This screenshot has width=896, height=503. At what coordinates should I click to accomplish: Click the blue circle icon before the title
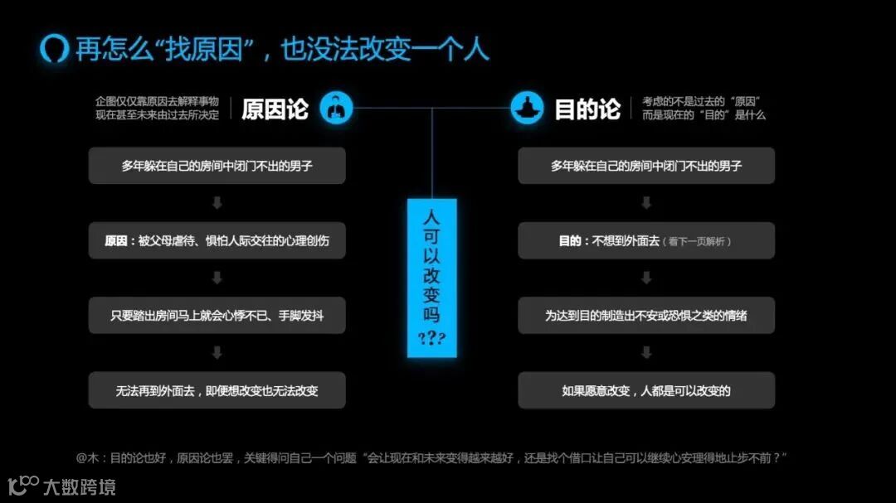(54, 48)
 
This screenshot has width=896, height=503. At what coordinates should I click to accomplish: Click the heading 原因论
(275, 109)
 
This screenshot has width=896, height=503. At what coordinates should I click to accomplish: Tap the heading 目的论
(587, 109)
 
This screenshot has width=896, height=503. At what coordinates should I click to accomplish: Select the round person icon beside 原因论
(336, 109)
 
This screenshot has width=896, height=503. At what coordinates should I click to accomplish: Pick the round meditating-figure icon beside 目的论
(527, 109)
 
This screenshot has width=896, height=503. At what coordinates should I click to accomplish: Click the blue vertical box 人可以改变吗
(431, 278)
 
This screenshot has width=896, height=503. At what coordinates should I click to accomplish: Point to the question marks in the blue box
(431, 339)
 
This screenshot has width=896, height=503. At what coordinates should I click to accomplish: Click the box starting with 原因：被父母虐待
(217, 241)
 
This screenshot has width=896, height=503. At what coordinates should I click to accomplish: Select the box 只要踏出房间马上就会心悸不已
(217, 315)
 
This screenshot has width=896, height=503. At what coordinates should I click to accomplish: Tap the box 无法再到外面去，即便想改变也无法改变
(217, 389)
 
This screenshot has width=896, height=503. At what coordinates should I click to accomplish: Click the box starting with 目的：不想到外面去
(645, 241)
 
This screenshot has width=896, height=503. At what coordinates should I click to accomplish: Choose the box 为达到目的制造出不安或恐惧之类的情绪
(645, 315)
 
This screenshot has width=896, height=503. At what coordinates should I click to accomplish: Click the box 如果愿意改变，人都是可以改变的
(645, 389)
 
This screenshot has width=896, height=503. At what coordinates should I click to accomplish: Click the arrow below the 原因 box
(217, 278)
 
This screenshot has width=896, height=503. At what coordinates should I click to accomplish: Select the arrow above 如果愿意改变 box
(645, 352)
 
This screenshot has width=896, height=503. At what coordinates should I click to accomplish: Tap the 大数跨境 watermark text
(80, 486)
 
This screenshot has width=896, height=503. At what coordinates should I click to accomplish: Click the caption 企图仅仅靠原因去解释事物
(158, 101)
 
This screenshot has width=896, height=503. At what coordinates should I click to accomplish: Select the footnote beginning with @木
(431, 457)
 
